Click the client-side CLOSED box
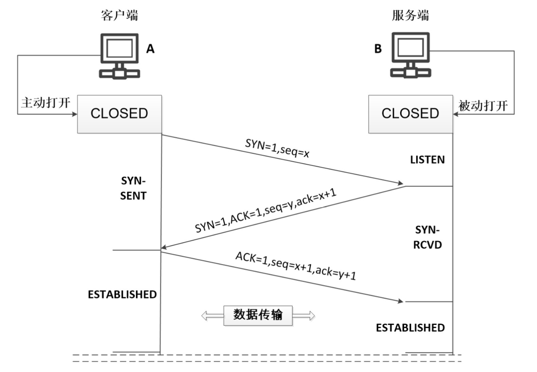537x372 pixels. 119,114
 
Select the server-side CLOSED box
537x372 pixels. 410,114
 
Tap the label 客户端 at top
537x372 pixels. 119,15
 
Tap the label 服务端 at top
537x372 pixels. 410,15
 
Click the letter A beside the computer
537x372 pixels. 150,49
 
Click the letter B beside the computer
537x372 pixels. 378,49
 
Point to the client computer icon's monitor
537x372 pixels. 119,48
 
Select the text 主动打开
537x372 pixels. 45,103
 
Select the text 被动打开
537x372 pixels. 483,106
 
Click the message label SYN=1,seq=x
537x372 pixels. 277,148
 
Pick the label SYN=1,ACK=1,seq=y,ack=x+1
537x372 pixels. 265,211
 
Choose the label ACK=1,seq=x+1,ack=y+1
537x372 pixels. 296,266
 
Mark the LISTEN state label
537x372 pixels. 427,160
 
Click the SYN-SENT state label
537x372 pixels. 133,188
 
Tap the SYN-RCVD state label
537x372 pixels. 427,237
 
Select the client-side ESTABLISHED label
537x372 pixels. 122,294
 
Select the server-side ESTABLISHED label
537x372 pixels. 410,328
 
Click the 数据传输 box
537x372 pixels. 258,315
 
